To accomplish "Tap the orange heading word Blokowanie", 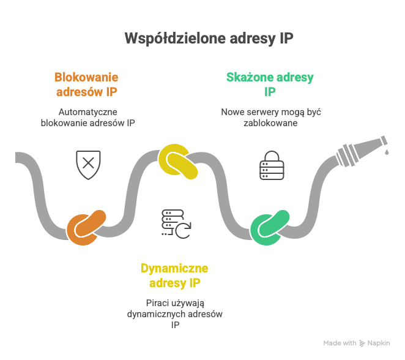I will point(86,78).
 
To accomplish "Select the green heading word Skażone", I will point(248,78).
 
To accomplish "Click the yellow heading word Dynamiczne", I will point(174,269).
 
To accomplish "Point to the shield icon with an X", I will point(88,163).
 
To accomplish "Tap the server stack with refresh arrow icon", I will point(176,223).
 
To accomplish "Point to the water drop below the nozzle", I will point(387,150).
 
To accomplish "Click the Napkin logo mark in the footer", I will point(362,343).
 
